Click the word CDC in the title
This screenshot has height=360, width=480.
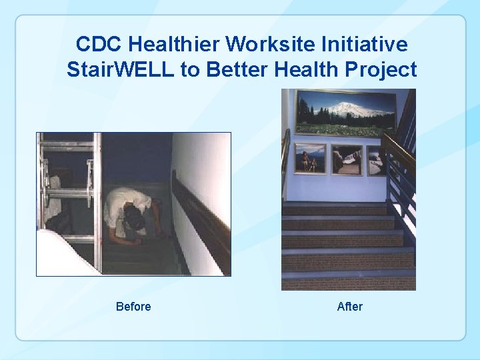click(x=99, y=45)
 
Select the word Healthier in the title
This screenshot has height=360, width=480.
click(x=173, y=45)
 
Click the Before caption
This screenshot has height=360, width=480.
click(x=133, y=307)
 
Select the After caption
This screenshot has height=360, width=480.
click(x=350, y=307)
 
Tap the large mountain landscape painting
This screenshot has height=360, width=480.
click(x=345, y=113)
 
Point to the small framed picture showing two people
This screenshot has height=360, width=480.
click(x=310, y=159)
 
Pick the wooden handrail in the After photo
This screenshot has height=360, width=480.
click(x=399, y=150)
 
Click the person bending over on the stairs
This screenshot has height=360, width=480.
click(x=133, y=213)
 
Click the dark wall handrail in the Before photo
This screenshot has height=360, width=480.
click(x=200, y=213)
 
